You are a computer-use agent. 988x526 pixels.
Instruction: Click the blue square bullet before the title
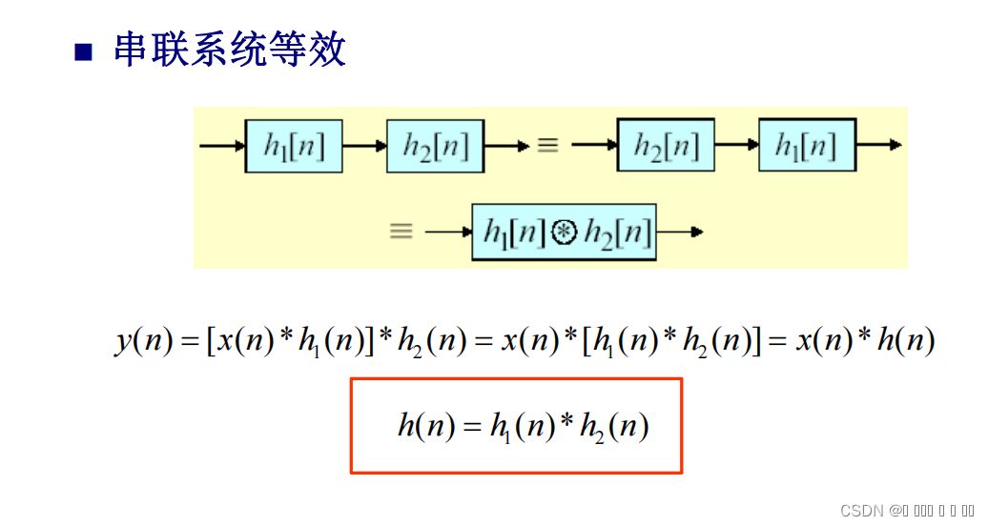click(84, 52)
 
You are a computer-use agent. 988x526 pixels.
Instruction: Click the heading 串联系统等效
click(229, 50)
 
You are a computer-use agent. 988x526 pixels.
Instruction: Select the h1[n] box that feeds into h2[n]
click(294, 146)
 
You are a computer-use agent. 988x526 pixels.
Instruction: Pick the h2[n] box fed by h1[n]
click(435, 146)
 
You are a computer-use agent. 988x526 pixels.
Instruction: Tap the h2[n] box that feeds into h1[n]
click(666, 146)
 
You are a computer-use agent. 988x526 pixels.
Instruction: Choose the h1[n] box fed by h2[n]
click(807, 146)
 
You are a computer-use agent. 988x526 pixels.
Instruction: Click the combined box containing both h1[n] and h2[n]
click(565, 231)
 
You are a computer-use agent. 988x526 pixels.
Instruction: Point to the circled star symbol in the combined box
click(564, 232)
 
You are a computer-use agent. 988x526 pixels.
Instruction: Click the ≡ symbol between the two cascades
click(547, 146)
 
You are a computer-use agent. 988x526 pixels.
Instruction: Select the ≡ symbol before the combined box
click(401, 231)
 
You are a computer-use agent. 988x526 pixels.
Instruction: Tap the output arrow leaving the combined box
click(681, 231)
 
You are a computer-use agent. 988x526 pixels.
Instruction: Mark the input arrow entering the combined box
click(448, 231)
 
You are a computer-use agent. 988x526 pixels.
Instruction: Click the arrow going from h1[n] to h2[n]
click(364, 146)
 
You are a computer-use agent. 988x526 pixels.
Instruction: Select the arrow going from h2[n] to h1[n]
click(736, 146)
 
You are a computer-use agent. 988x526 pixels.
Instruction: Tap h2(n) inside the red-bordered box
click(620, 428)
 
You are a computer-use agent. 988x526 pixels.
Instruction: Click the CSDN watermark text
click(863, 511)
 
